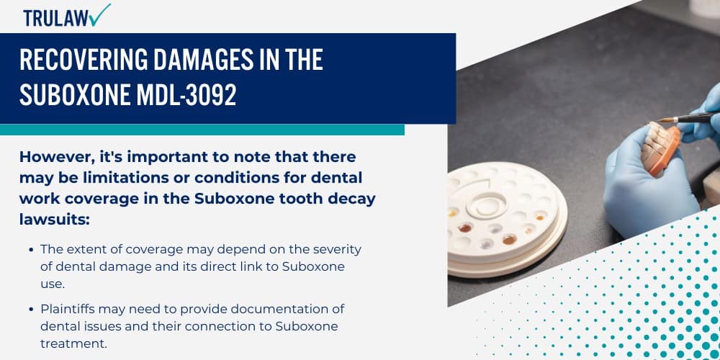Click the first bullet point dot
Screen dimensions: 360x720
pyautogui.click(x=30, y=249)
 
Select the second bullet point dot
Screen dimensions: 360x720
pyautogui.click(x=30, y=309)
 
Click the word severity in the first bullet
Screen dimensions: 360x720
pyautogui.click(x=336, y=248)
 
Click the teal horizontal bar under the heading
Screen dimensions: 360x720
pyautogui.click(x=202, y=130)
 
